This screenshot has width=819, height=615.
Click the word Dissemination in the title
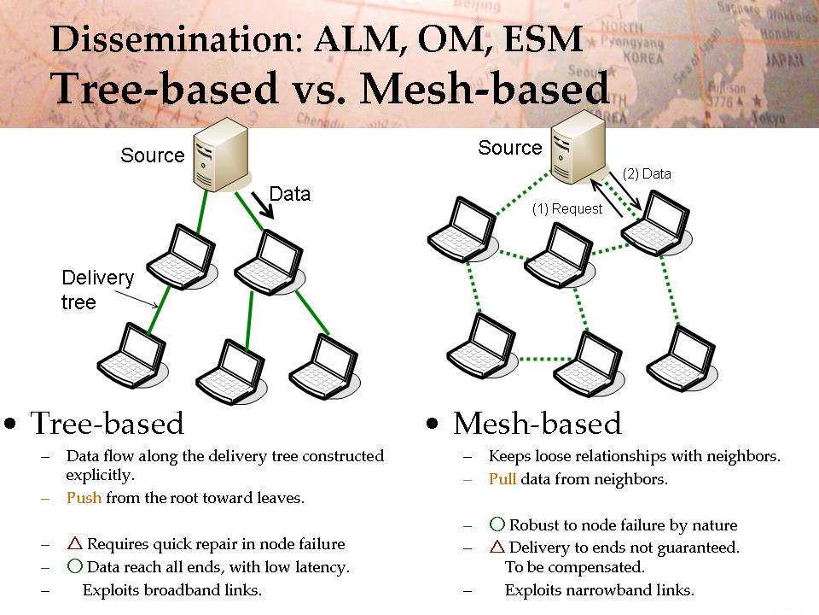point(177,39)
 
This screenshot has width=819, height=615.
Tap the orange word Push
point(84,497)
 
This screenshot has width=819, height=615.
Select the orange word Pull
point(502,478)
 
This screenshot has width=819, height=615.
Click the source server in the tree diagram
point(221,155)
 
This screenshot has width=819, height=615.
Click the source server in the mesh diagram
point(579,147)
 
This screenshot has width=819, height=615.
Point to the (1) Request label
point(567,208)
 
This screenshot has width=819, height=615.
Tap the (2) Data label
point(647,173)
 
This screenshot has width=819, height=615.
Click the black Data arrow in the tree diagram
point(262,205)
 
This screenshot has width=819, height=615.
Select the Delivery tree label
point(97,290)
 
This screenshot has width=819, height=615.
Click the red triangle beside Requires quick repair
point(75,543)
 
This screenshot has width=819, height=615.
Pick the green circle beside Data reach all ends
point(75,565)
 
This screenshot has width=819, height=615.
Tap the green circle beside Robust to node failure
point(497,524)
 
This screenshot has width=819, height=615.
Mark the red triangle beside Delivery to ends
point(497,547)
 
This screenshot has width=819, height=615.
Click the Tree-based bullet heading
point(107,423)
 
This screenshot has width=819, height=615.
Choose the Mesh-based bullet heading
point(537,423)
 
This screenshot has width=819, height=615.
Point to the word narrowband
point(607,590)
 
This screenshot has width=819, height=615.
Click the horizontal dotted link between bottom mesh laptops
point(545,359)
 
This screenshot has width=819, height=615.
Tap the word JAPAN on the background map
point(785,61)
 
